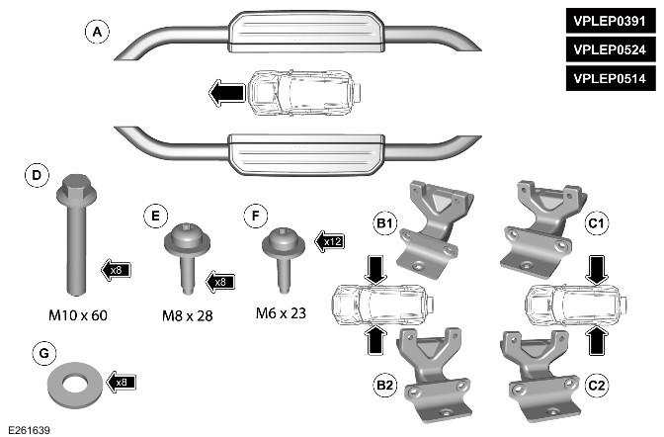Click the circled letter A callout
click(x=96, y=33)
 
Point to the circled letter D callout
click(x=37, y=177)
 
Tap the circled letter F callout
click(x=254, y=214)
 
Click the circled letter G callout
click(x=38, y=351)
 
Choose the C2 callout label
click(x=596, y=383)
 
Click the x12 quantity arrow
click(x=330, y=238)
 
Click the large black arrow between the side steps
click(x=227, y=93)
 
